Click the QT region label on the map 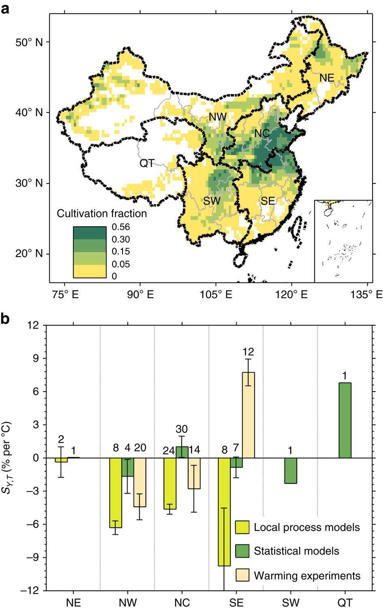147,163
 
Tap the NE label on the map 327,77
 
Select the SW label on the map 212,200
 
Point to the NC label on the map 262,133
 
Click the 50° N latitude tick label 29,42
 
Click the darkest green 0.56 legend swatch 90,233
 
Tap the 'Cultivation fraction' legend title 102,213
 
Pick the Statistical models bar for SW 290,470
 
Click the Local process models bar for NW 116,493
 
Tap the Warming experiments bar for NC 194,473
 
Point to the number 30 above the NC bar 182,429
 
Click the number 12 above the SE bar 248,352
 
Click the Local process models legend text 306,527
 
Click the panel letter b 6,319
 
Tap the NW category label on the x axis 128,603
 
